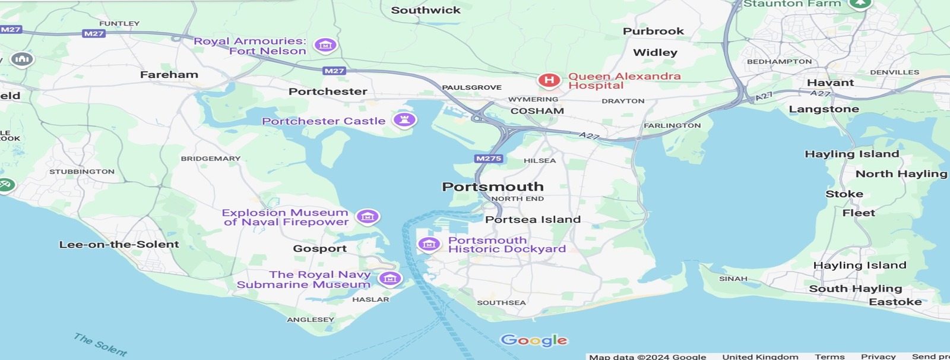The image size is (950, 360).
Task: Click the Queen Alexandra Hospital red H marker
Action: (x=549, y=80)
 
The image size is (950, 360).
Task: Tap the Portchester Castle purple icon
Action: (x=405, y=120)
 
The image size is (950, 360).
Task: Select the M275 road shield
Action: (x=489, y=159)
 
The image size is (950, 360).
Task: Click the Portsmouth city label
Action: (x=493, y=187)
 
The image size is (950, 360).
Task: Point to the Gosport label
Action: (x=319, y=248)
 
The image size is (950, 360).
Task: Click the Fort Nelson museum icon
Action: (x=325, y=45)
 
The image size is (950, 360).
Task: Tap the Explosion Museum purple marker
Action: (x=368, y=217)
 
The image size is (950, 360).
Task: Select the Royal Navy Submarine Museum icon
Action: (x=389, y=279)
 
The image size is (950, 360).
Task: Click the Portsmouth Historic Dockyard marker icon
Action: (x=429, y=244)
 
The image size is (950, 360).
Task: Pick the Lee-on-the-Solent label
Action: (x=119, y=244)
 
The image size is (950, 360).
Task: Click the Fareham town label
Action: (x=169, y=74)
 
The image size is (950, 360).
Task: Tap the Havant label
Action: (x=830, y=83)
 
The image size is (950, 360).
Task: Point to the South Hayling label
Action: (x=855, y=289)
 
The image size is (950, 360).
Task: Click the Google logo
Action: (x=534, y=340)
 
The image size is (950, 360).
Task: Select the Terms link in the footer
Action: (x=829, y=356)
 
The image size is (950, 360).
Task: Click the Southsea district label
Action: (x=501, y=302)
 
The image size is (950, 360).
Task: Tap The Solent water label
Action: (x=100, y=345)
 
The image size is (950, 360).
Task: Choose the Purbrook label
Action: (x=653, y=31)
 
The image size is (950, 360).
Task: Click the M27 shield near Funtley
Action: (x=94, y=33)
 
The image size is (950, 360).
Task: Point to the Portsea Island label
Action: (x=533, y=219)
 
